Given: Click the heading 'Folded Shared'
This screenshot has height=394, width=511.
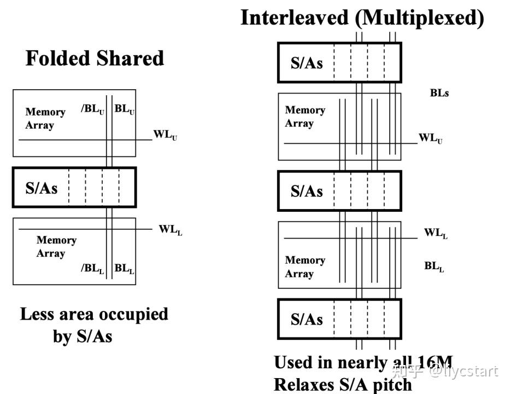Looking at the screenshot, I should point(95,59).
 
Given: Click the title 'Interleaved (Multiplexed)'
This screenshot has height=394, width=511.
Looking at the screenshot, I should point(362,18).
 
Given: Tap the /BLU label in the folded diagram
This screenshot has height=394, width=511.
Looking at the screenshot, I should point(92,109).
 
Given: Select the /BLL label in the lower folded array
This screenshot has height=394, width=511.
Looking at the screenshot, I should point(92,269).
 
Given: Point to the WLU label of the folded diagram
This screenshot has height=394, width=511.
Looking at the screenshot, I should point(165,135).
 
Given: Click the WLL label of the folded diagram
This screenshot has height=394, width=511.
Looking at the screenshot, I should point(171,230).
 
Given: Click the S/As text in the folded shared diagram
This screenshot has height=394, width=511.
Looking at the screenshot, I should point(42,188).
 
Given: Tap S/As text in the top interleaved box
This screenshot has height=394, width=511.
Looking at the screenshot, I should point(307,63).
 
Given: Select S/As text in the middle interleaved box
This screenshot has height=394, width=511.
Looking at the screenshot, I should point(307,191).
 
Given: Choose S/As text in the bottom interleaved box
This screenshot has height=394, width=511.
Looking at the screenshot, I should point(307,319).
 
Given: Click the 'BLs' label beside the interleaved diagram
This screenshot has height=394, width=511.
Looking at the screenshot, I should point(439,93).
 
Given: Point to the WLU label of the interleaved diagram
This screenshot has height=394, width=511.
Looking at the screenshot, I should point(431,138).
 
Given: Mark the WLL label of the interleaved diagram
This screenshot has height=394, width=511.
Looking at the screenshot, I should point(436,234).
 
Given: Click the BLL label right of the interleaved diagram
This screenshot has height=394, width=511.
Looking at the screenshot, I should point(434,267).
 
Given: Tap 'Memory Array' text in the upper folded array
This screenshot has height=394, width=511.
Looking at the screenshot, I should point(45,118).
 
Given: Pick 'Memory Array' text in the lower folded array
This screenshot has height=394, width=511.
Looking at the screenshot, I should point(56,247).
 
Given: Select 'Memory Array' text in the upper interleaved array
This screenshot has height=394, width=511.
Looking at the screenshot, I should point(305,117).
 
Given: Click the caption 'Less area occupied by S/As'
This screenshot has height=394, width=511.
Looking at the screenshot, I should point(94,325).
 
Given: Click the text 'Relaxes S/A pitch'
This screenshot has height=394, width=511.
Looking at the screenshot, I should point(343,385).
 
